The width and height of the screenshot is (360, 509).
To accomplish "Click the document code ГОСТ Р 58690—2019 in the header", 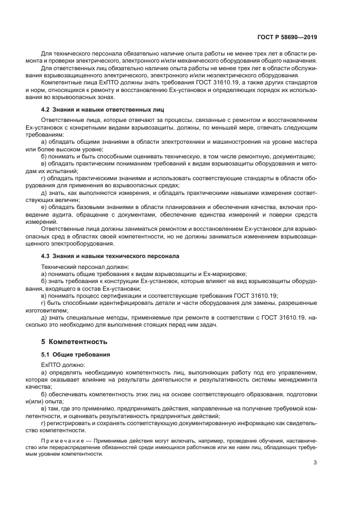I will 287,38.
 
